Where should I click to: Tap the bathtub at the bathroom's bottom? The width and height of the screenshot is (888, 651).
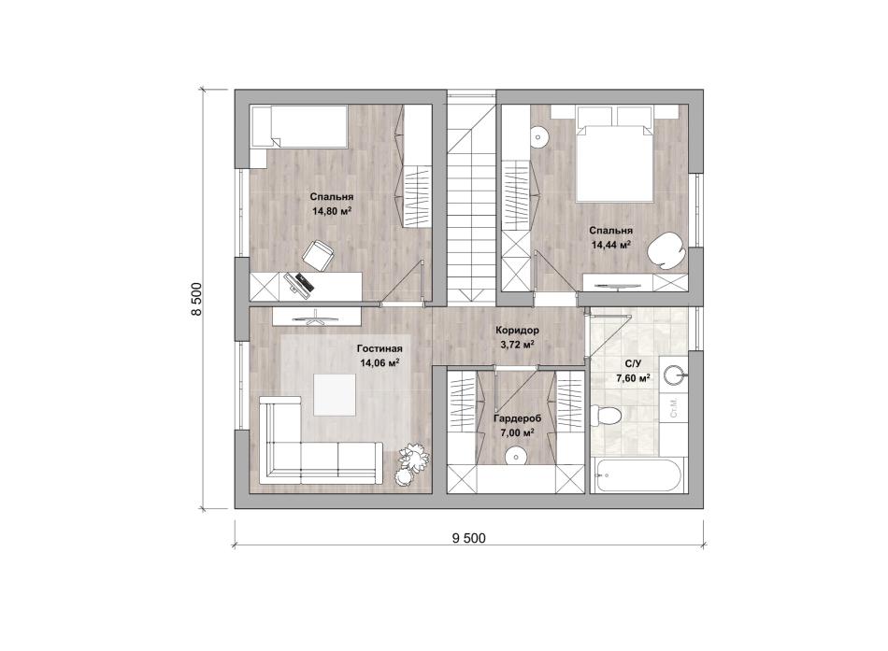pyautogui.click(x=638, y=474)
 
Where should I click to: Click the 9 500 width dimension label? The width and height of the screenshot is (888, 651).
pyautogui.click(x=469, y=538)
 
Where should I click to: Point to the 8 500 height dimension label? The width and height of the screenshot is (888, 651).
pyautogui.click(x=196, y=298)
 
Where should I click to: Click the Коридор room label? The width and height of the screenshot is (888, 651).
pyautogui.click(x=517, y=330)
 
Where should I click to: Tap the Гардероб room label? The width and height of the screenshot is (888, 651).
pyautogui.click(x=517, y=419)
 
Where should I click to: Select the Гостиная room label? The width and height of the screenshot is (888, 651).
pyautogui.click(x=380, y=348)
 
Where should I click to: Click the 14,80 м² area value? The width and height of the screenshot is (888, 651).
pyautogui.click(x=332, y=211)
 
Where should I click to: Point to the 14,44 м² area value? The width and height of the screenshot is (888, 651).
pyautogui.click(x=611, y=245)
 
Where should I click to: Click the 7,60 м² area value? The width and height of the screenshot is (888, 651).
pyautogui.click(x=633, y=378)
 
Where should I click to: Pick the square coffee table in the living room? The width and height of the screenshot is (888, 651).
pyautogui.click(x=335, y=395)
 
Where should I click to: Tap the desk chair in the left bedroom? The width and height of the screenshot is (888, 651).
pyautogui.click(x=318, y=255)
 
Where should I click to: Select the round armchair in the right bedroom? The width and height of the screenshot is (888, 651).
pyautogui.click(x=666, y=249)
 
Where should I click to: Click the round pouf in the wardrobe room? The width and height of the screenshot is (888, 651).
pyautogui.click(x=516, y=455)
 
